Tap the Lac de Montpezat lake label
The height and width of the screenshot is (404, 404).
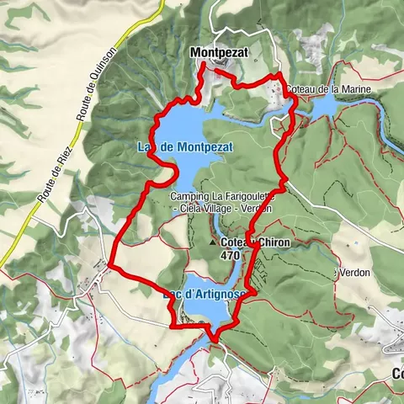pos(184,146)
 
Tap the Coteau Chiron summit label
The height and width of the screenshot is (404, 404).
pos(248,242)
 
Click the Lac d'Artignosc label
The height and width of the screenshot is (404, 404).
pos(202,294)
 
